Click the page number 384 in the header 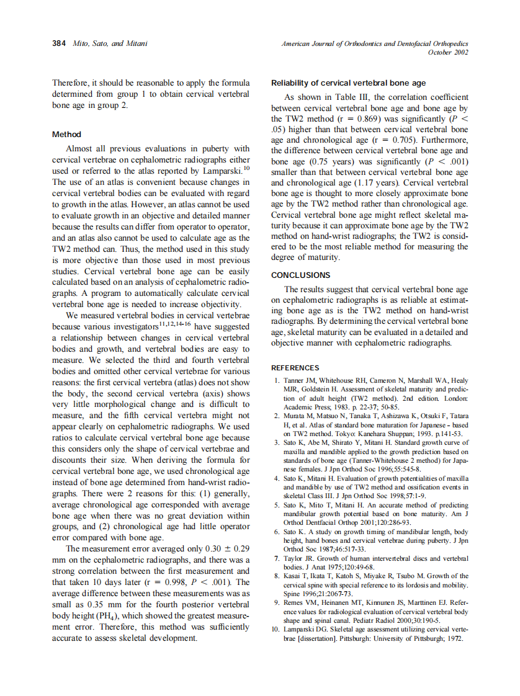click(x=60, y=44)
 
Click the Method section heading click(x=66, y=134)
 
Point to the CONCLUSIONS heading click(x=301, y=275)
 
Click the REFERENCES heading click(x=295, y=368)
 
